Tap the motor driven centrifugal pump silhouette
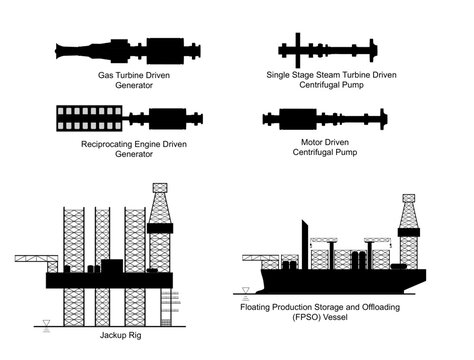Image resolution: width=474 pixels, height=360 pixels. [330, 119]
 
